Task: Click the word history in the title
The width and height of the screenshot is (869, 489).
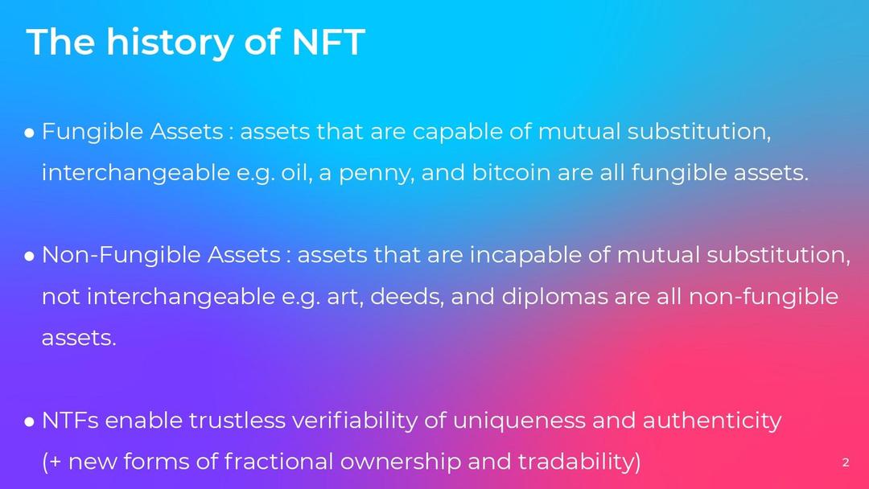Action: pyautogui.click(x=170, y=43)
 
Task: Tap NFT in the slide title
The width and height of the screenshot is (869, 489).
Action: pyautogui.click(x=328, y=42)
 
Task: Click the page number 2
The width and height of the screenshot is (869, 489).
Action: pyautogui.click(x=845, y=462)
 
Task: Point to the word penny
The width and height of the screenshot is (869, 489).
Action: pyautogui.click(x=376, y=175)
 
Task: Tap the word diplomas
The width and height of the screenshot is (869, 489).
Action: pyautogui.click(x=554, y=298)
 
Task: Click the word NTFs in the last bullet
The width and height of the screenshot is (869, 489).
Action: pyautogui.click(x=70, y=421)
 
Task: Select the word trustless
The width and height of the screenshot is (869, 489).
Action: pyautogui.click(x=237, y=421)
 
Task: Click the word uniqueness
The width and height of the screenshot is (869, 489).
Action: pyautogui.click(x=519, y=422)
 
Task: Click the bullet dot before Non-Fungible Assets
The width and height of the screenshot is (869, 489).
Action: pyautogui.click(x=30, y=257)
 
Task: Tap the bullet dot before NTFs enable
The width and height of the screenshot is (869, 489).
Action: pyautogui.click(x=30, y=422)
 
